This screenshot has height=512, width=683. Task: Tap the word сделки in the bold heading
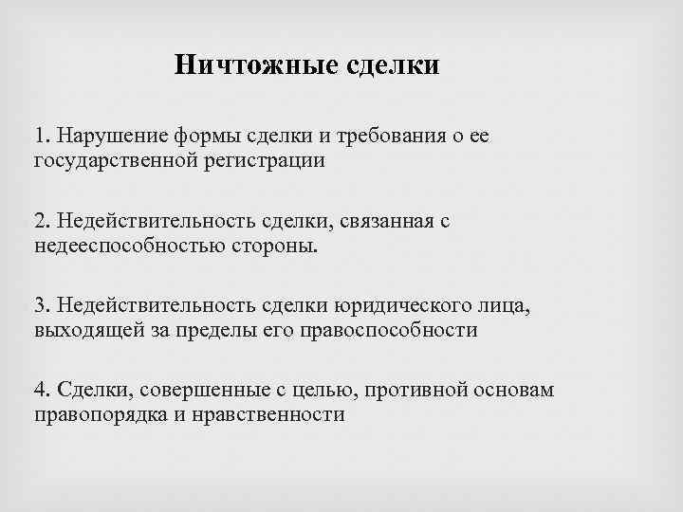coord(393,65)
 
